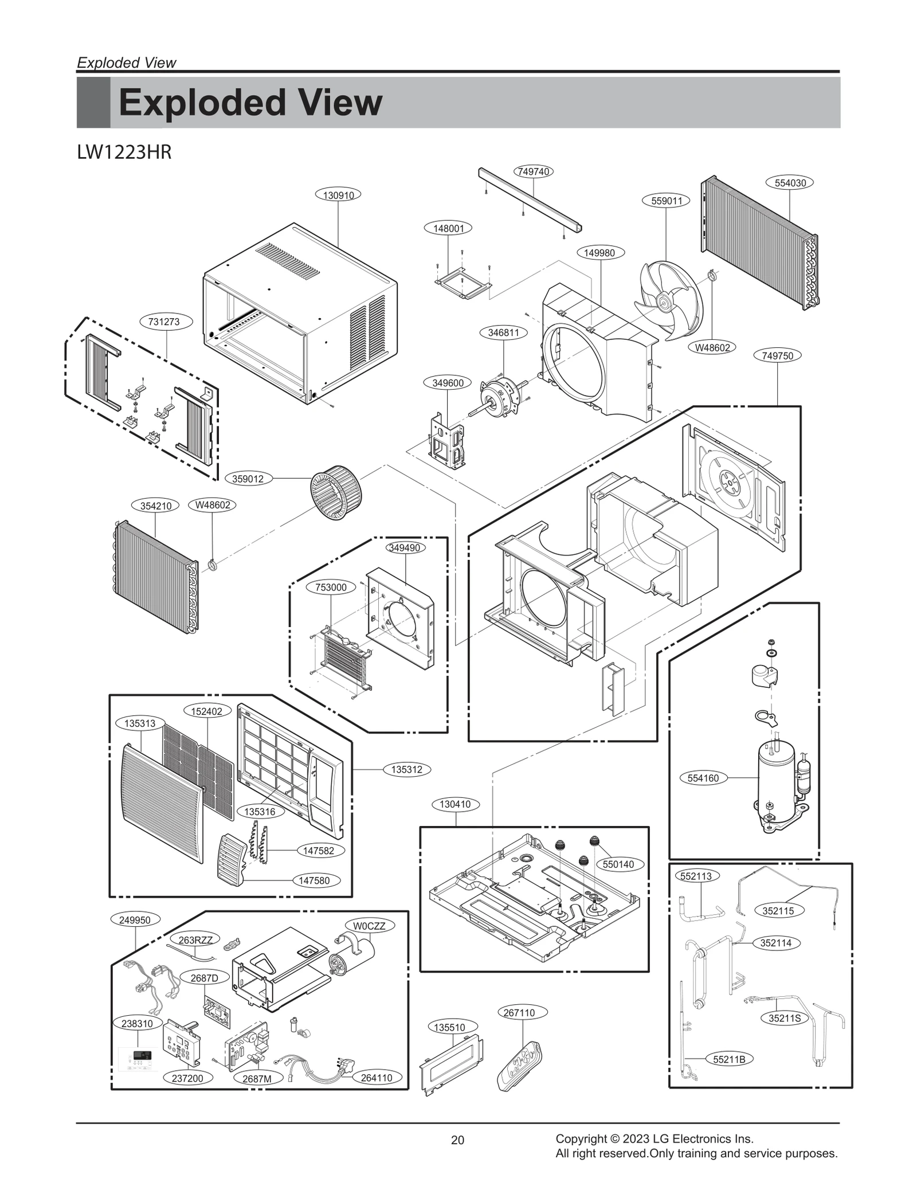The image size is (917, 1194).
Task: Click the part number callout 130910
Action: (x=338, y=195)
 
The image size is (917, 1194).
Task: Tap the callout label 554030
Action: (x=790, y=183)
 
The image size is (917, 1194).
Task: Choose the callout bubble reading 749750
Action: (x=777, y=355)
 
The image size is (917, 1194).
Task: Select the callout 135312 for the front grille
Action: (x=406, y=769)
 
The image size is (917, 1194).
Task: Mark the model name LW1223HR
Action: (x=124, y=153)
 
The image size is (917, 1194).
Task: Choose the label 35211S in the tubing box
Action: (x=785, y=1018)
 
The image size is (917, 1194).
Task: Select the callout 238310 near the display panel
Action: (x=137, y=1023)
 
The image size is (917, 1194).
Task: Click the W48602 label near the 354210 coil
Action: (x=212, y=505)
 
